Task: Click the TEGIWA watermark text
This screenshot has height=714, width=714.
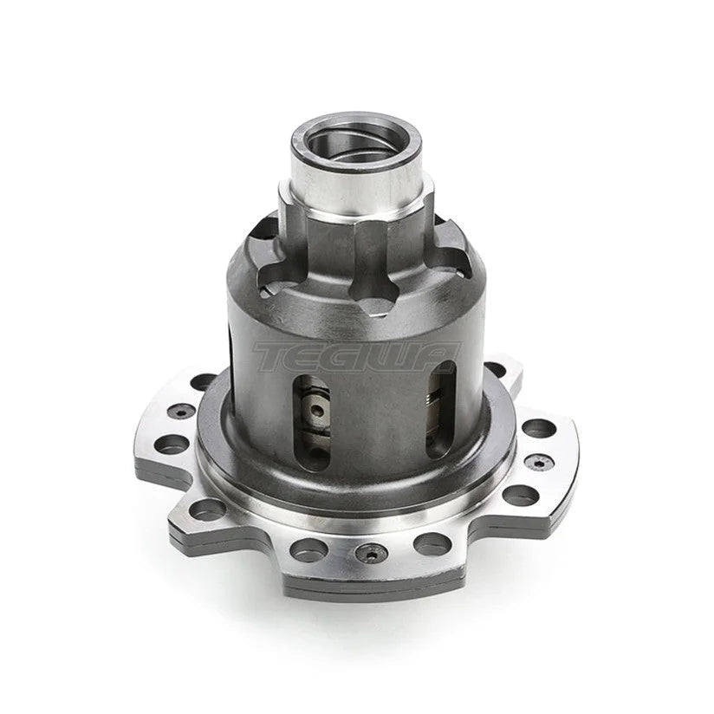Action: (x=355, y=356)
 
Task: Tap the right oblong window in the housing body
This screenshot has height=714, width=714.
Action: (x=440, y=407)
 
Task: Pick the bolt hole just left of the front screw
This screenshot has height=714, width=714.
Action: (x=308, y=548)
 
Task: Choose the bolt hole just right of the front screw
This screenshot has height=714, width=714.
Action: (x=431, y=543)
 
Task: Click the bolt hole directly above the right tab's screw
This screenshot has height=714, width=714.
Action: (x=538, y=428)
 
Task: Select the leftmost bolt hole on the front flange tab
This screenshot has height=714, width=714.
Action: (x=208, y=509)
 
